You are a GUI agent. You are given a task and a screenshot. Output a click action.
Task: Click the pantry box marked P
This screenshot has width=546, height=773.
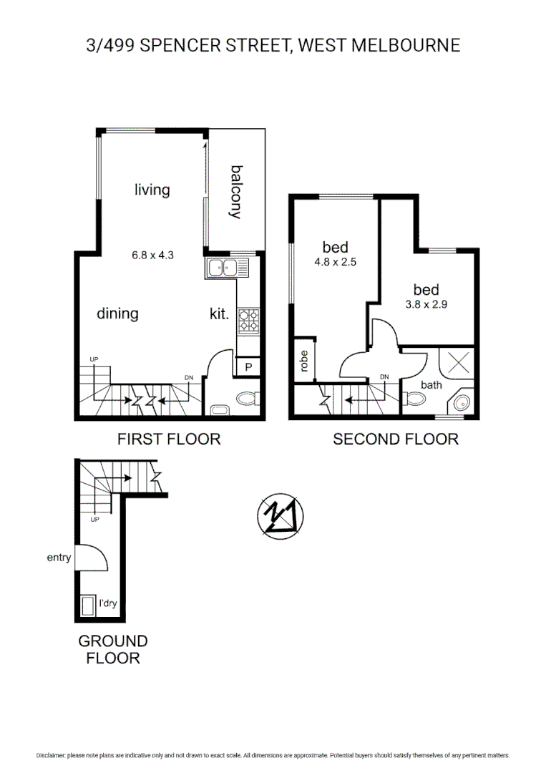(x=248, y=366)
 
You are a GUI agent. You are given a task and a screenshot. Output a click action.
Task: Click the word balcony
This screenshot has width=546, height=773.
(x=237, y=192)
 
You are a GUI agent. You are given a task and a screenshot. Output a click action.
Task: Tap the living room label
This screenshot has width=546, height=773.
(x=152, y=190)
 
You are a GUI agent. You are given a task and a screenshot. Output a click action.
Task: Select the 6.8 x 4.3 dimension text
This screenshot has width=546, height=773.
(x=152, y=254)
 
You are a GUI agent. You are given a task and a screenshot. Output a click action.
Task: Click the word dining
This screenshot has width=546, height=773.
(x=117, y=313)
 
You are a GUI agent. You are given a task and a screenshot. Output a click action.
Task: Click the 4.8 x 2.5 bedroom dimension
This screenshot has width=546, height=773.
(x=335, y=262)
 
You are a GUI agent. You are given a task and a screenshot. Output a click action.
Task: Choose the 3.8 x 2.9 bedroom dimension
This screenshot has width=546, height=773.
(x=426, y=303)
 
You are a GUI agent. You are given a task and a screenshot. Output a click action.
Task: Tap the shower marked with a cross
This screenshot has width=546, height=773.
(x=459, y=361)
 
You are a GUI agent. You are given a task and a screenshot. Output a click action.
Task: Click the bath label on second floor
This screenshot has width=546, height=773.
(x=432, y=385)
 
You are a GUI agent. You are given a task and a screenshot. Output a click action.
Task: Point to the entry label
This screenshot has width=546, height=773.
(x=59, y=558)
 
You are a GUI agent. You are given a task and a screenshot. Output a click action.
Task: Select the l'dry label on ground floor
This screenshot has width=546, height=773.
(x=107, y=604)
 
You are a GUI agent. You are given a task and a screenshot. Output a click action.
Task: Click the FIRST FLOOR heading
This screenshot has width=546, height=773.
(x=169, y=439)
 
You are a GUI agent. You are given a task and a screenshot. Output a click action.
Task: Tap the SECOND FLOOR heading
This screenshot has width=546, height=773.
(x=396, y=439)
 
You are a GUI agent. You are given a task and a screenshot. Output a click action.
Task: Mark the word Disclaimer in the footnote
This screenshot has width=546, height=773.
(x=51, y=755)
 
